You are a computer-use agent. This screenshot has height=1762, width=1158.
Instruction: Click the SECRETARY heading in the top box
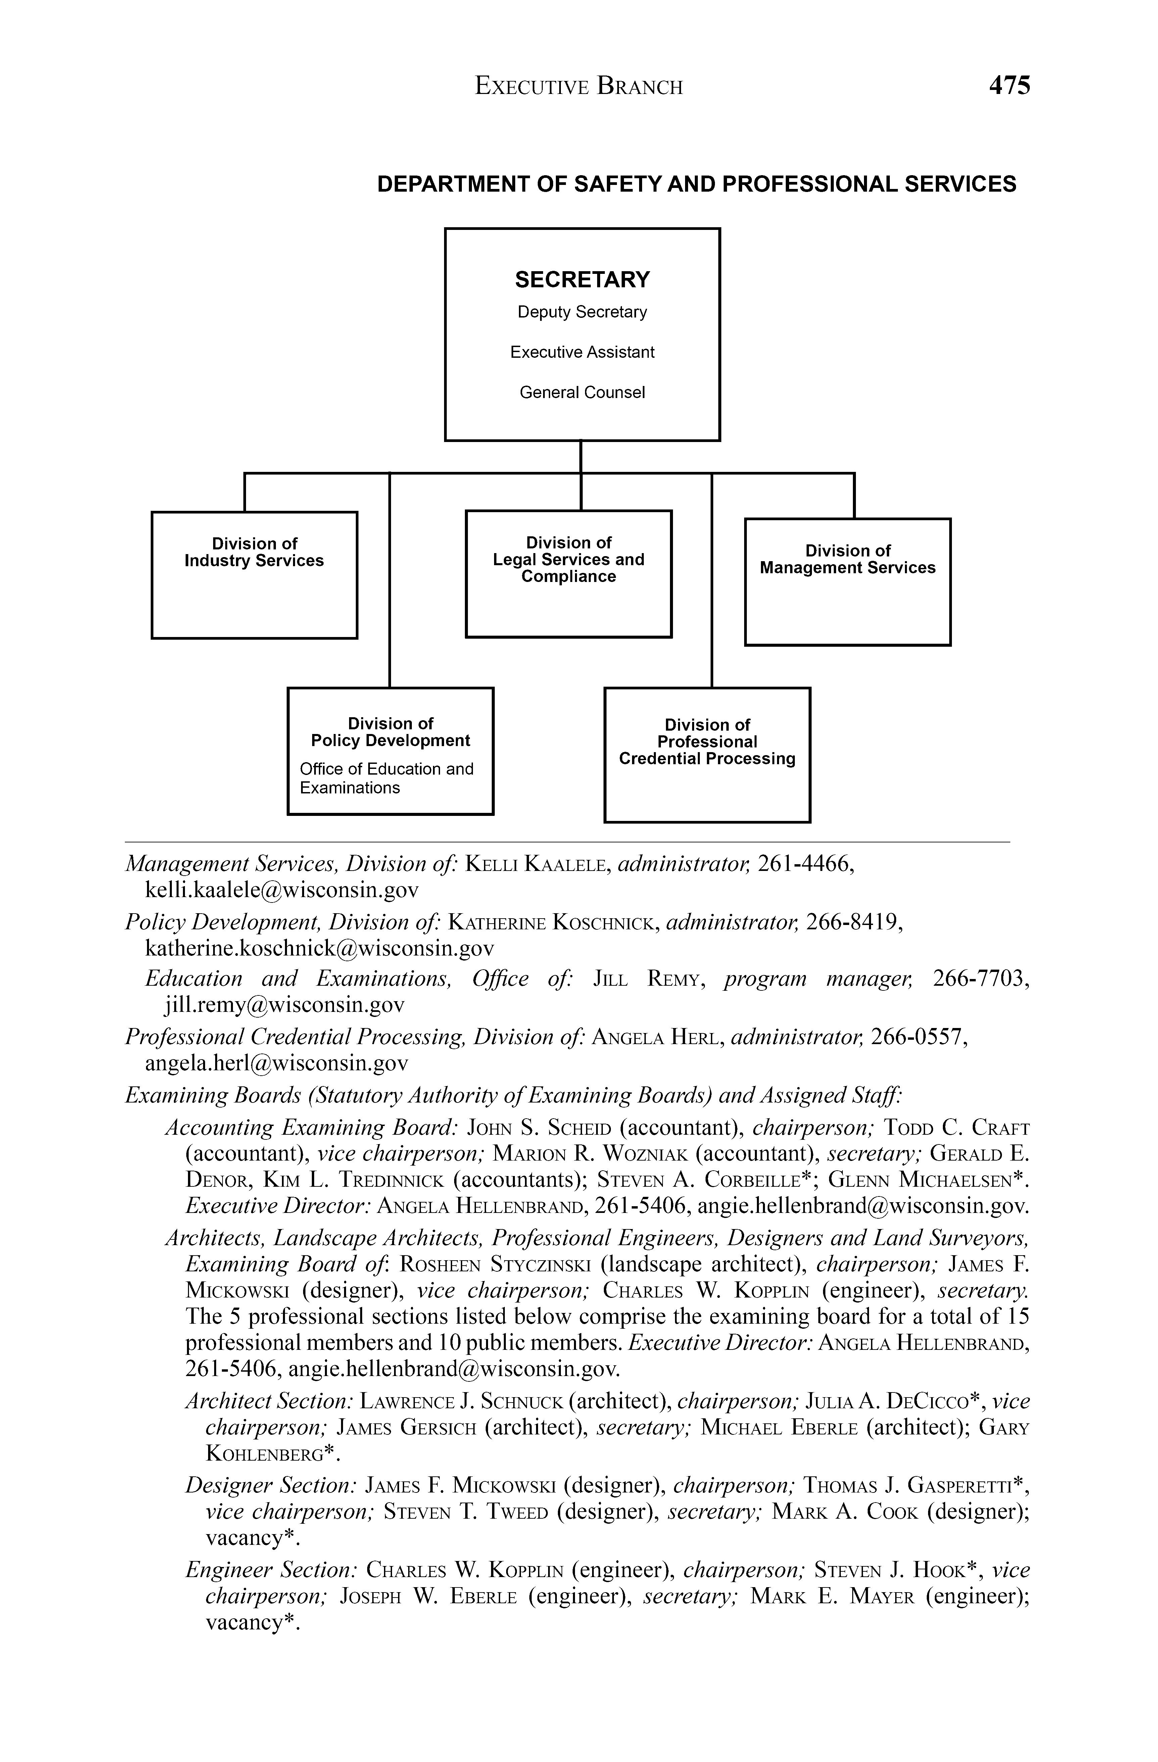(582, 280)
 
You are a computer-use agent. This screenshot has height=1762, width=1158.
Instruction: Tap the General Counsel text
(582, 392)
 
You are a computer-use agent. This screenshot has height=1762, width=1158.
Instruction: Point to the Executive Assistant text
(582, 352)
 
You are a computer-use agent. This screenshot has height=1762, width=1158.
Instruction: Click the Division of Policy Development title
(390, 732)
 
